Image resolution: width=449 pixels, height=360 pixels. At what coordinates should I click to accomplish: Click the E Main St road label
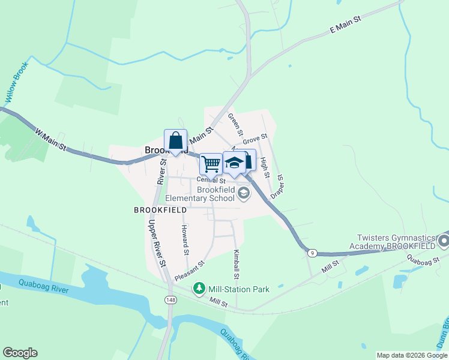coord(345,25)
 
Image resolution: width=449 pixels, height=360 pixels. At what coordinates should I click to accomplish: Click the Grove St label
coord(255,139)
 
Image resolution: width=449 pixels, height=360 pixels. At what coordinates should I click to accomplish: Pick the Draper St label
coord(277,187)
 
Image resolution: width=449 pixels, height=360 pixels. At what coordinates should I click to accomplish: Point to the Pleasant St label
coord(190,271)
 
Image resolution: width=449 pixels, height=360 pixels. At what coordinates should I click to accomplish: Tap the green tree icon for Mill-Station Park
coord(199,289)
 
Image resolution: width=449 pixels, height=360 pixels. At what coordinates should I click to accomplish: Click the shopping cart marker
coord(210,163)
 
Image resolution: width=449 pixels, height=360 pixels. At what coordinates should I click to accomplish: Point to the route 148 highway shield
coord(172,299)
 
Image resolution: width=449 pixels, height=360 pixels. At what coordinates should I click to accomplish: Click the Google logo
coord(20,353)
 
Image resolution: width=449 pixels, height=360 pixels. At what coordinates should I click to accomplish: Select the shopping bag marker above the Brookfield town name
coord(175,141)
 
